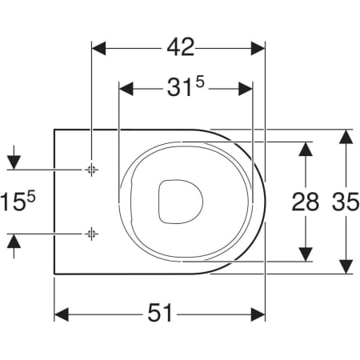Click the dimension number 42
click(181, 47)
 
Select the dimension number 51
click(160, 312)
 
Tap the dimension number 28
click(306, 202)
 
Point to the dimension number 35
click(346, 202)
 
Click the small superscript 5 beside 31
click(200, 82)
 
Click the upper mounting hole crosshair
click(91, 170)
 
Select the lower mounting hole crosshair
click(91, 234)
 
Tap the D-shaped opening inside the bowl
click(181, 202)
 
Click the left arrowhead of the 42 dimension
click(98, 48)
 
